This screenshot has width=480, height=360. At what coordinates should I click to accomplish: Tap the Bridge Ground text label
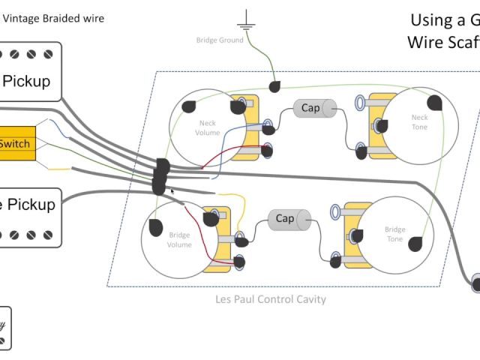pos(220,40)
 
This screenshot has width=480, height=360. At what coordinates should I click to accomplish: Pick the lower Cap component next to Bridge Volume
pos(286,219)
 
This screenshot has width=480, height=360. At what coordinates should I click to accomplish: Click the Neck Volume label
pos(208,127)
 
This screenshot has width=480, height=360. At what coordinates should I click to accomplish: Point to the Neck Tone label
pos(419,122)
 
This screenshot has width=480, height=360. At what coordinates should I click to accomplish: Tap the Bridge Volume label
pos(179,240)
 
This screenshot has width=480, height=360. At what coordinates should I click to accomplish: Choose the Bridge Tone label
pos(394,235)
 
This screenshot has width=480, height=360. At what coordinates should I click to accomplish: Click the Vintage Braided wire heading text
pos(54,18)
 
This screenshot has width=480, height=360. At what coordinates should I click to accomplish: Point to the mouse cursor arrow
pos(173,192)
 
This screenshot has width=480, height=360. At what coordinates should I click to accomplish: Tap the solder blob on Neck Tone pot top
pos(434,101)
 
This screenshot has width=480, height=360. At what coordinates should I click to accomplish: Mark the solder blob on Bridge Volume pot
pos(157,226)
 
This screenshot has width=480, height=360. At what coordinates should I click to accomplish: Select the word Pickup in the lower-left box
pos(31,204)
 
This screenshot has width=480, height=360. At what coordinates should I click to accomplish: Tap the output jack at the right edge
pos(476,283)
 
